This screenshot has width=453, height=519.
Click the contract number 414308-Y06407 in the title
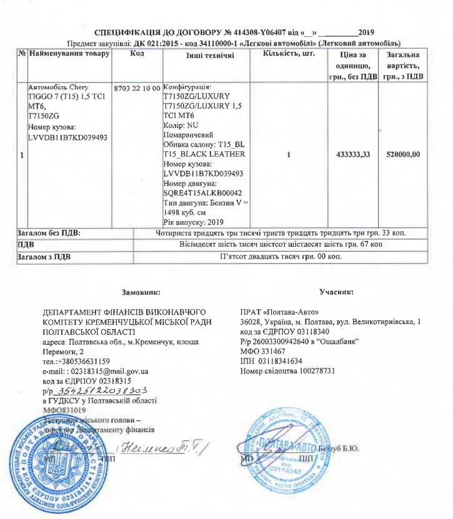[x=255, y=32]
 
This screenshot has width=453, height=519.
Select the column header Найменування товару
[x=69, y=54]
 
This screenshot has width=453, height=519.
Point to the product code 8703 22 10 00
[x=137, y=87]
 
